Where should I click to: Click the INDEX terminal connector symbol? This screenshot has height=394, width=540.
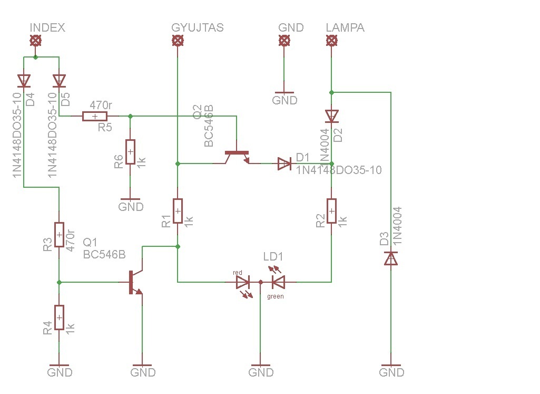click(35, 41)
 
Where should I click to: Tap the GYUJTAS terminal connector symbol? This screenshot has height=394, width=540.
click(178, 41)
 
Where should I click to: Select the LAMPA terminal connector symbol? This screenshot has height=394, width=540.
click(331, 41)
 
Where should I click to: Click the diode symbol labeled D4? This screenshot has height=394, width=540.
click(24, 81)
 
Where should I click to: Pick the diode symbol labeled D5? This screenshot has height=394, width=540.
click(59, 81)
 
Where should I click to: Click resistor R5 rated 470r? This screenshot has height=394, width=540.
click(95, 117)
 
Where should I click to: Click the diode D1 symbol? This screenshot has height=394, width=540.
click(284, 164)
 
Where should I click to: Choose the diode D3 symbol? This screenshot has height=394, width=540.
click(391, 258)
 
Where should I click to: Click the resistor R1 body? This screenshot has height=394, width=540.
click(178, 212)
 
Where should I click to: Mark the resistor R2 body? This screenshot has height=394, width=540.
click(331, 212)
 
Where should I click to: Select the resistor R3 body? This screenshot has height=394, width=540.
click(59, 235)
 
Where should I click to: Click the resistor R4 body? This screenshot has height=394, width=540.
click(59, 317)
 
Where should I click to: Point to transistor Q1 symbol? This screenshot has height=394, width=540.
click(134, 282)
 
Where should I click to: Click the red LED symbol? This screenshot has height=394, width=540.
click(243, 282)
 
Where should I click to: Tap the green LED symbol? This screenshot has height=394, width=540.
click(278, 282)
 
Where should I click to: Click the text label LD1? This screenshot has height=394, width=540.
click(273, 257)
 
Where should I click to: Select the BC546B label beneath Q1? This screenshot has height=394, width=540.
click(104, 255)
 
